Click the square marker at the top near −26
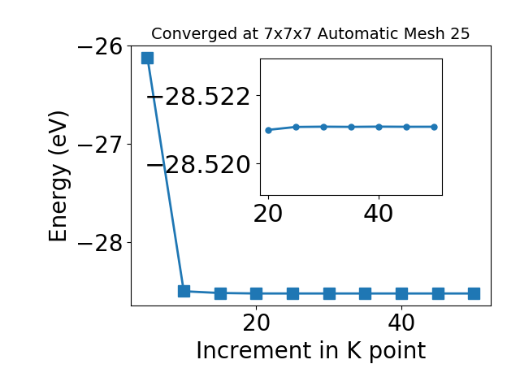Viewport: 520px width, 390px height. pyautogui.click(x=147, y=58)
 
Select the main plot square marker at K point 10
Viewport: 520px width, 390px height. pyautogui.click(x=184, y=291)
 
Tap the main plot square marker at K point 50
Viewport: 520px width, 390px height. pyautogui.click(x=474, y=293)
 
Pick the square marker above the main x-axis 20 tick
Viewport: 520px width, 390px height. pyautogui.click(x=256, y=293)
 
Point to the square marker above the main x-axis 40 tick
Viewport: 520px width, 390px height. pyautogui.click(x=401, y=293)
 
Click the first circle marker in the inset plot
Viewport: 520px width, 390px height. pyautogui.click(x=269, y=130)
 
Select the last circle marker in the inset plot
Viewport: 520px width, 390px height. pyautogui.click(x=434, y=127)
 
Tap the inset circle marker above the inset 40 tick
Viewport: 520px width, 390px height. pyautogui.click(x=379, y=127)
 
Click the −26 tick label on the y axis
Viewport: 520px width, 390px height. pyautogui.click(x=100, y=47)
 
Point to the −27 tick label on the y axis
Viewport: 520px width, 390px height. pyautogui.click(x=100, y=145)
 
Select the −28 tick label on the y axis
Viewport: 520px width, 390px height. pyautogui.click(x=100, y=243)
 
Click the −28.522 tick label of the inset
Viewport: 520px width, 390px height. pyautogui.click(x=198, y=97)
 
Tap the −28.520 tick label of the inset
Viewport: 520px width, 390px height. pyautogui.click(x=198, y=165)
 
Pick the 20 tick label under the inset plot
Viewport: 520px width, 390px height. pyautogui.click(x=268, y=214)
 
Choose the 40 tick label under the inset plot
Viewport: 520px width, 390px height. pyautogui.click(x=379, y=214)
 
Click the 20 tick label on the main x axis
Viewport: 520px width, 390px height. pyautogui.click(x=256, y=323)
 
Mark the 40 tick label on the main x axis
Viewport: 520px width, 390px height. pyautogui.click(x=401, y=323)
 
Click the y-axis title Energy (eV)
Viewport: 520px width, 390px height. pyautogui.click(x=59, y=177)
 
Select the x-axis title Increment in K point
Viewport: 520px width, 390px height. pyautogui.click(x=311, y=351)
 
